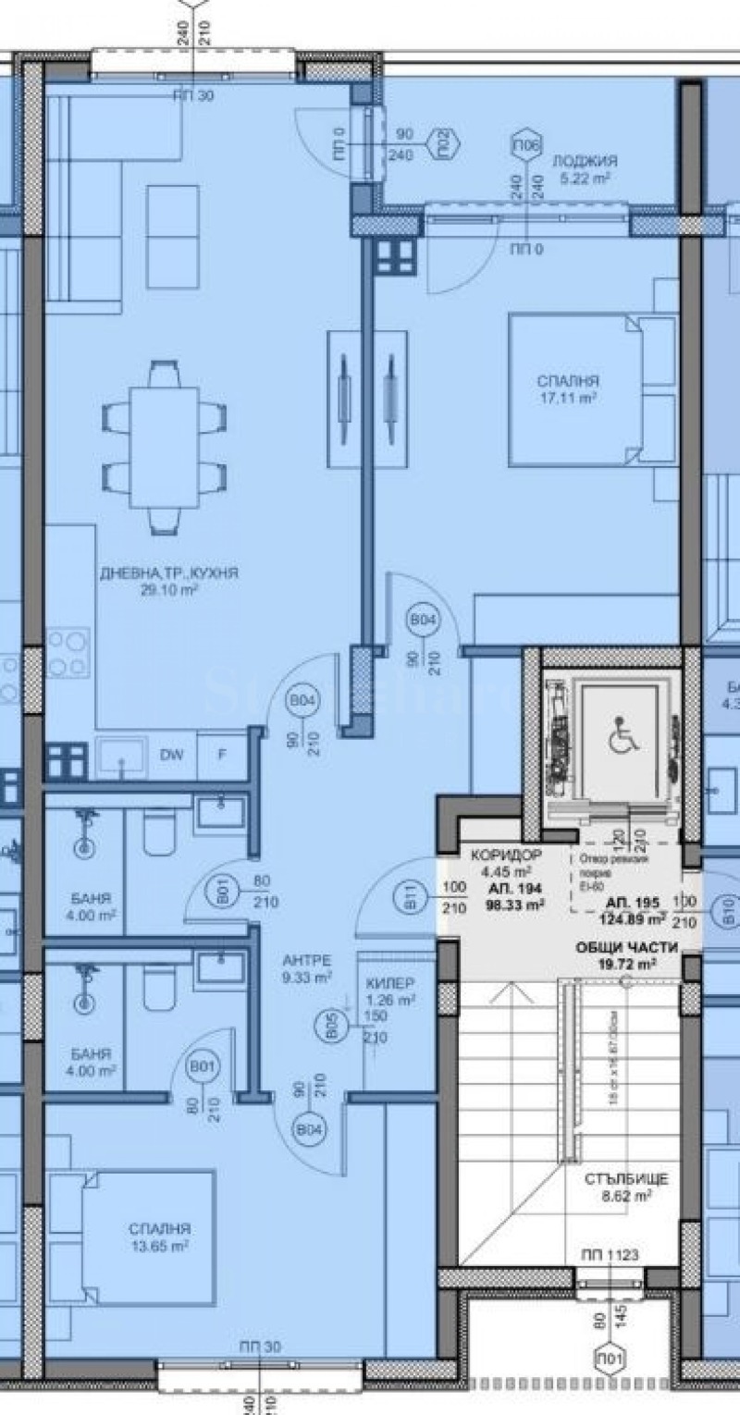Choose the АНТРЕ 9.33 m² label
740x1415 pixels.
pyautogui.click(x=308, y=968)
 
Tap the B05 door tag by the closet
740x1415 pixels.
pyautogui.click(x=332, y=1028)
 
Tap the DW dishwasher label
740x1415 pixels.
pyautogui.click(x=170, y=755)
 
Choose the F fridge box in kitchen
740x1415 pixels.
pyautogui.click(x=221, y=755)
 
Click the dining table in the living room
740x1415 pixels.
pyautogui.click(x=164, y=448)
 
